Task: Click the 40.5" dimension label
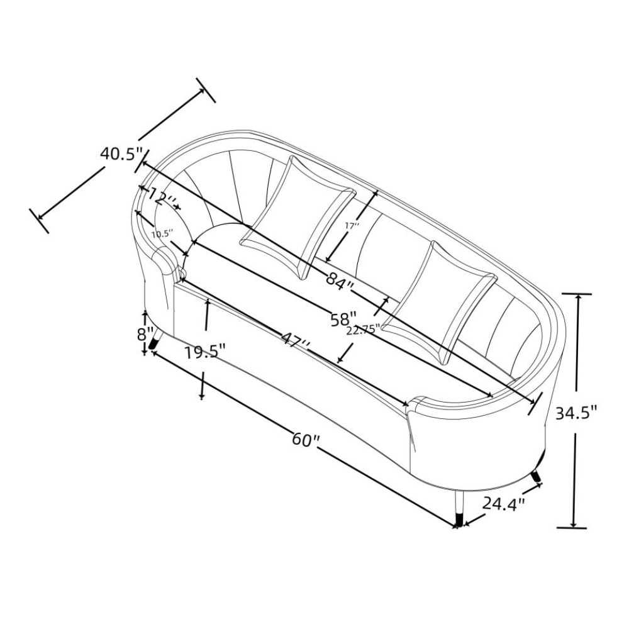(121, 153)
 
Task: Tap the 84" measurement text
(340, 279)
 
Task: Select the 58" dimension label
(344, 320)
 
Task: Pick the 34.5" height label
(576, 413)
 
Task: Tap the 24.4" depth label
(503, 503)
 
